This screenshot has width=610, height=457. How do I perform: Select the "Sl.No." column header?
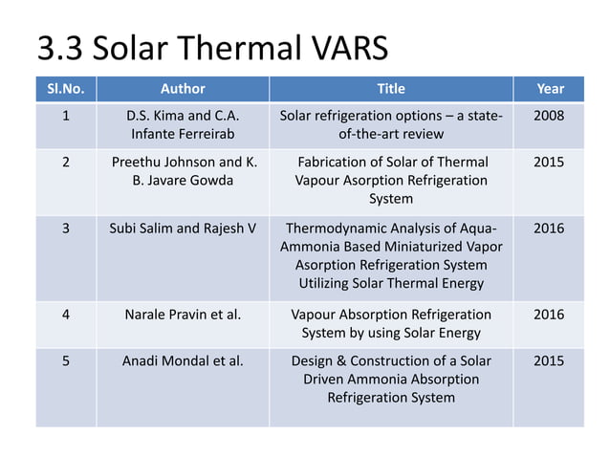pos(66,89)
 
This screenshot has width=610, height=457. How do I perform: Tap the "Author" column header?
pos(183,89)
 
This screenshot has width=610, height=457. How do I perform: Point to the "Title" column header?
pos(391,89)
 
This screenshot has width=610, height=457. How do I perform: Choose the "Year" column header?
pos(550,89)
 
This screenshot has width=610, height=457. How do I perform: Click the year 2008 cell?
pos(550,117)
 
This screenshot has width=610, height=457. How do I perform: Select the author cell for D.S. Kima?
pos(183,125)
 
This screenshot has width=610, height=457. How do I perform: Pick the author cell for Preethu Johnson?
pos(183,171)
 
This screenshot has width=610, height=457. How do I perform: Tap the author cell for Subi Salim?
pos(183,228)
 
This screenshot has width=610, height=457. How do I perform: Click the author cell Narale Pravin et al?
pos(183,315)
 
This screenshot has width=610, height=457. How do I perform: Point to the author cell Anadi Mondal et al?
pos(183,361)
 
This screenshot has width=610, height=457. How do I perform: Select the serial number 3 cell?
pos(66,228)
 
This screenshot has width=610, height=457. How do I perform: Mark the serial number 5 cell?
pos(66,361)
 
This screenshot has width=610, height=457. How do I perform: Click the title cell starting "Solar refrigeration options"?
pos(391,125)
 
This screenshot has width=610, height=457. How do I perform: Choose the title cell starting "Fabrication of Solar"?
pos(391,180)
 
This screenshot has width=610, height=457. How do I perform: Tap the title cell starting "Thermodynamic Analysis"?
pos(391,255)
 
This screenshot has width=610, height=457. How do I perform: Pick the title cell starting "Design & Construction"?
pos(391,379)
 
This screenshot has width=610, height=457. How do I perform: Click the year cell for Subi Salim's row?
pos(550,228)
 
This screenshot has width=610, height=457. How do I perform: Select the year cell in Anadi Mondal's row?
pos(550,361)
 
